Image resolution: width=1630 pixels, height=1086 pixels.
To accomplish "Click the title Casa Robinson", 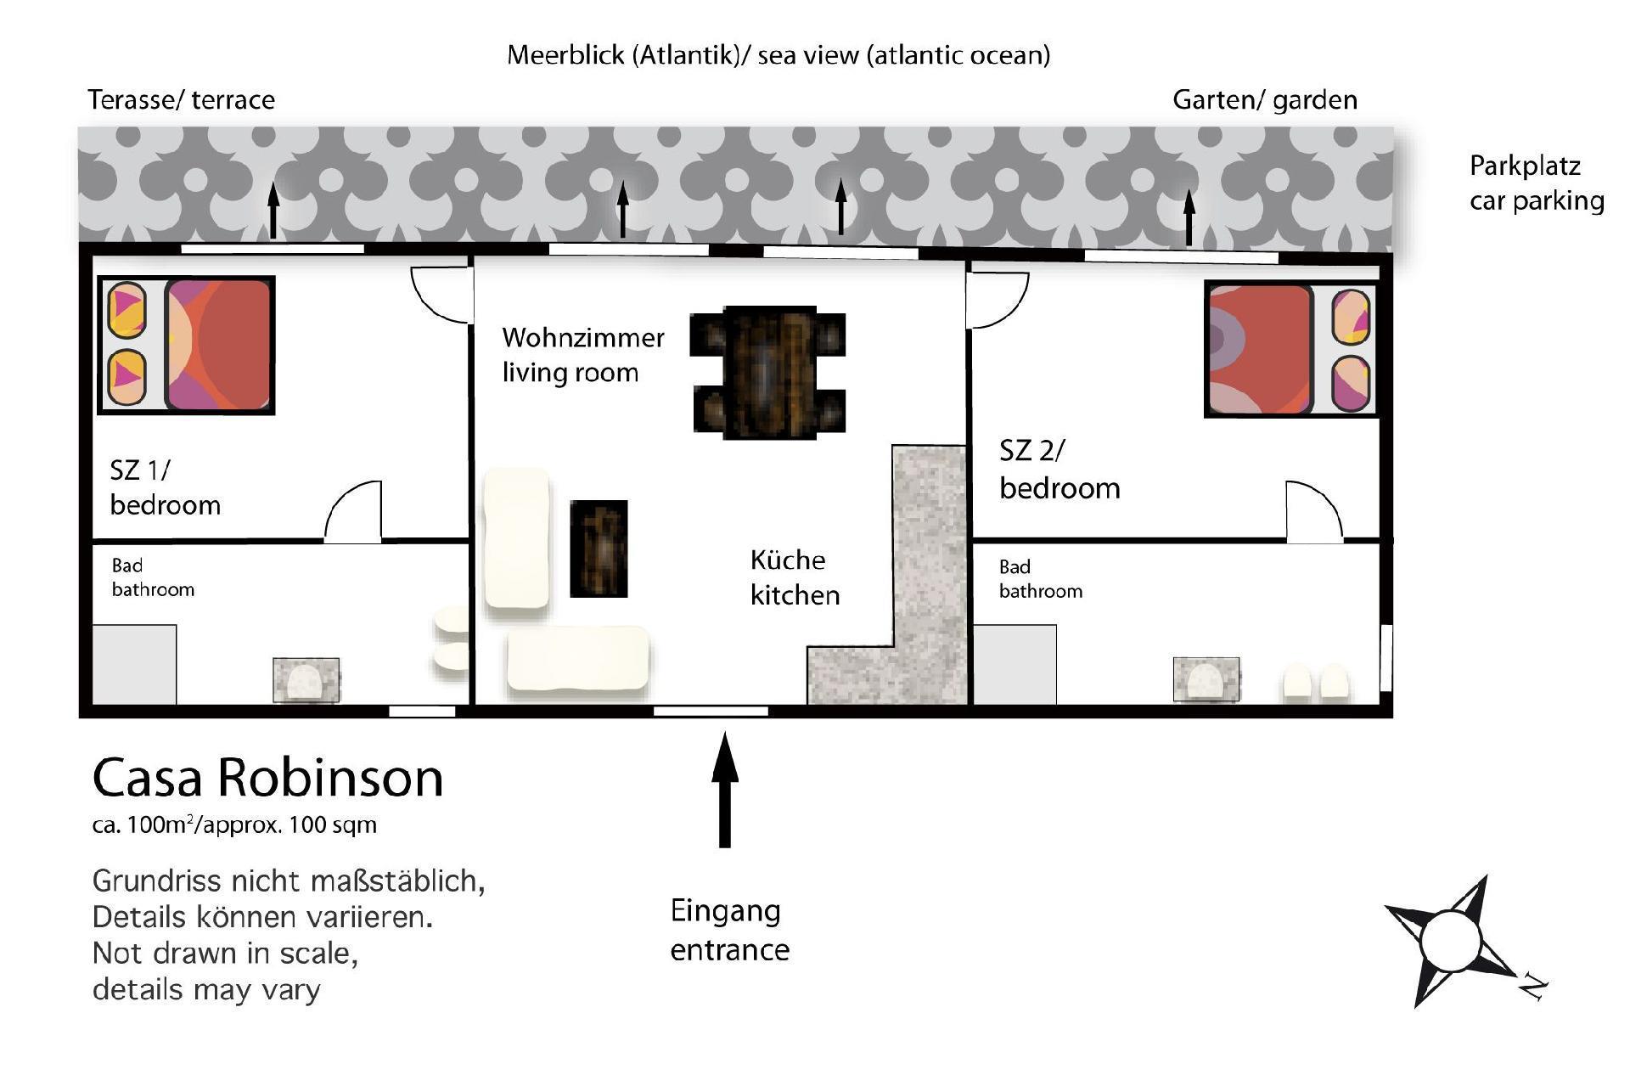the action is coord(267,777).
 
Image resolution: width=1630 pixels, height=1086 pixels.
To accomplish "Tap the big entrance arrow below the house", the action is coord(724,790).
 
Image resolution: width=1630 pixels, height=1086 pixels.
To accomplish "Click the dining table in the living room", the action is coord(768,373).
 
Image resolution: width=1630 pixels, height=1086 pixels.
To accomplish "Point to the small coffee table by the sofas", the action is coord(599,549).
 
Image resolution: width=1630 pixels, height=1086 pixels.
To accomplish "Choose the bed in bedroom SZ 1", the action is coord(186,345).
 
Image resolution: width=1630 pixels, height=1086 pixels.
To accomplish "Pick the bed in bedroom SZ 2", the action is coord(1290,349).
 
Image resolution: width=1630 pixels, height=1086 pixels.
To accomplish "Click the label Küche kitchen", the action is coord(795,577).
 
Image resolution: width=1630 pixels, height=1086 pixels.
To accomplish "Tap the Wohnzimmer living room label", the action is coord(583,355).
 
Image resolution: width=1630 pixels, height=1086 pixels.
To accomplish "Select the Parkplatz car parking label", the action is coord(1537,183).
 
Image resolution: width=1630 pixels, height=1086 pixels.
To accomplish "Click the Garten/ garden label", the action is coord(1264,100).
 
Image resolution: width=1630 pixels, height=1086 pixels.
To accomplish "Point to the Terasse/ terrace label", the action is coord(181,100).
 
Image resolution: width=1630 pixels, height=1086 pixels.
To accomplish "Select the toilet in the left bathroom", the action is coord(306,680).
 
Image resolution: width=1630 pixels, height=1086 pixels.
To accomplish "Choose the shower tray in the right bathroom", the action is coord(1015,665).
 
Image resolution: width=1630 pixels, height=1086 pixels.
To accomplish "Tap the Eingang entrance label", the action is coord(729,931).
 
